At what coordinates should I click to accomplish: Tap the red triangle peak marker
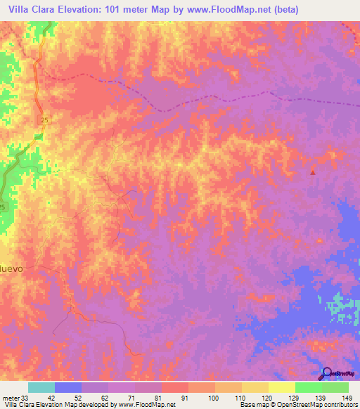pos(313,171)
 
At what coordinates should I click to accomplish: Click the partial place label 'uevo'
pos(12,268)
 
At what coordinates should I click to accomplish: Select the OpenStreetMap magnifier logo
pos(327,373)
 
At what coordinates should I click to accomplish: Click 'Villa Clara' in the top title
pos(32,10)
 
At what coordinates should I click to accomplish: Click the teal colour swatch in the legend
pos(41,387)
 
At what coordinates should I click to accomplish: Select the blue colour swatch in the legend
pos(68,387)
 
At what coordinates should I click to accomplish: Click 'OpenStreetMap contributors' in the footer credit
pos(314,405)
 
